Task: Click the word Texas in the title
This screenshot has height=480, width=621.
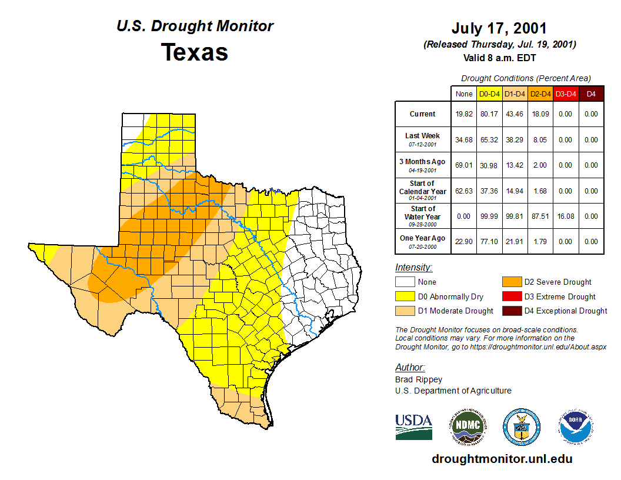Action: (x=195, y=52)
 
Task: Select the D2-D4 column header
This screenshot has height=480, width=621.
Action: (x=540, y=94)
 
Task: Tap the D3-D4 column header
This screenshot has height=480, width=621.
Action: (x=565, y=94)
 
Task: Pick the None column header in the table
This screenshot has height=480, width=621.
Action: (x=464, y=94)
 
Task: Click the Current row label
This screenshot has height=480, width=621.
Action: (x=423, y=114)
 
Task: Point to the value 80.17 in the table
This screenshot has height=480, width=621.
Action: (x=489, y=114)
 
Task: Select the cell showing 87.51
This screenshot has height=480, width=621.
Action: (x=540, y=216)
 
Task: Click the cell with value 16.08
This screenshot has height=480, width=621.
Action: (x=565, y=216)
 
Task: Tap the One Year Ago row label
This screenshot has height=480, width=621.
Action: (x=423, y=238)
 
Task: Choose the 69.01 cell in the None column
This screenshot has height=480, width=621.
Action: (x=464, y=165)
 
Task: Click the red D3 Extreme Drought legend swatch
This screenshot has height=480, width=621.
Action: (x=511, y=296)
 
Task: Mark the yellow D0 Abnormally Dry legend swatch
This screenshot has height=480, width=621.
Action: (x=405, y=296)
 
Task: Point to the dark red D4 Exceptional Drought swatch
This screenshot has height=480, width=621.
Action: (x=511, y=311)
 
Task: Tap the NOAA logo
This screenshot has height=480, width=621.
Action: (x=576, y=426)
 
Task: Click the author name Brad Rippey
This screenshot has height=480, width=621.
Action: (x=419, y=379)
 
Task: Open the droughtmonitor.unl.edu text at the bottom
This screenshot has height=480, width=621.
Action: (x=502, y=459)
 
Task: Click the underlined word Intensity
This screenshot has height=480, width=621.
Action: (x=413, y=268)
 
